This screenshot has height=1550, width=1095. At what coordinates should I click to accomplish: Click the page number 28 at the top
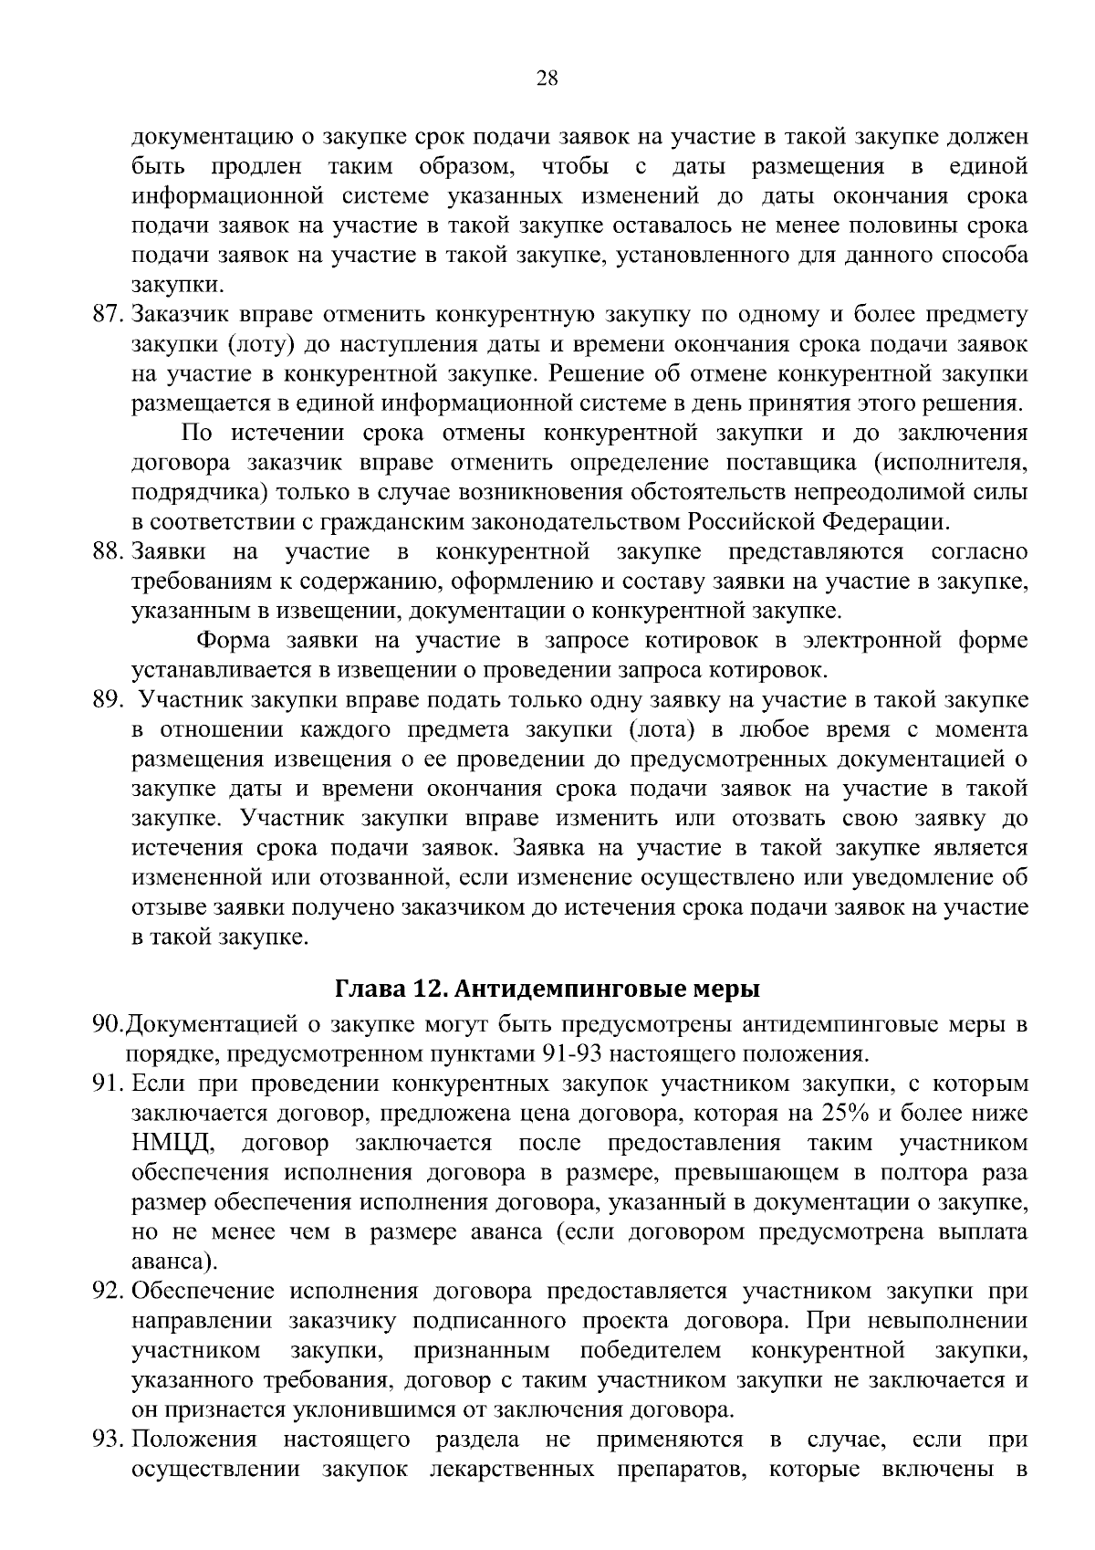(x=547, y=79)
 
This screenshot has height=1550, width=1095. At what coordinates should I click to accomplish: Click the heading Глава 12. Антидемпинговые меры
(x=547, y=989)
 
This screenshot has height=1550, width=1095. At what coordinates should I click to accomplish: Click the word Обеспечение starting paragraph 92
(x=203, y=1292)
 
